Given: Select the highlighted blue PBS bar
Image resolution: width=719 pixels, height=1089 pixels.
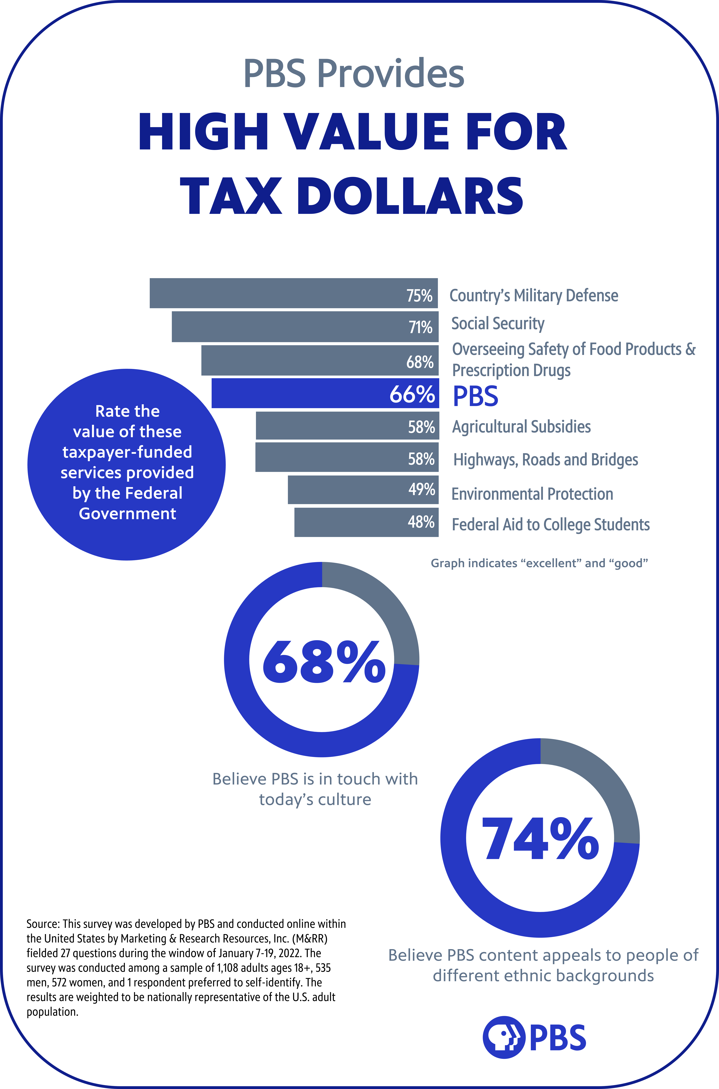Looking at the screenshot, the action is (x=325, y=393).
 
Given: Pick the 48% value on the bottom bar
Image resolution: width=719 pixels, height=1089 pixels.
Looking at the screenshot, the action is (x=421, y=522).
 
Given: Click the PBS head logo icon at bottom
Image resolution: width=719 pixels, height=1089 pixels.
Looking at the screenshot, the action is (x=504, y=1038).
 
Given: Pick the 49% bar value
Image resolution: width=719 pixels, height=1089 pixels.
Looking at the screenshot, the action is (x=421, y=489).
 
